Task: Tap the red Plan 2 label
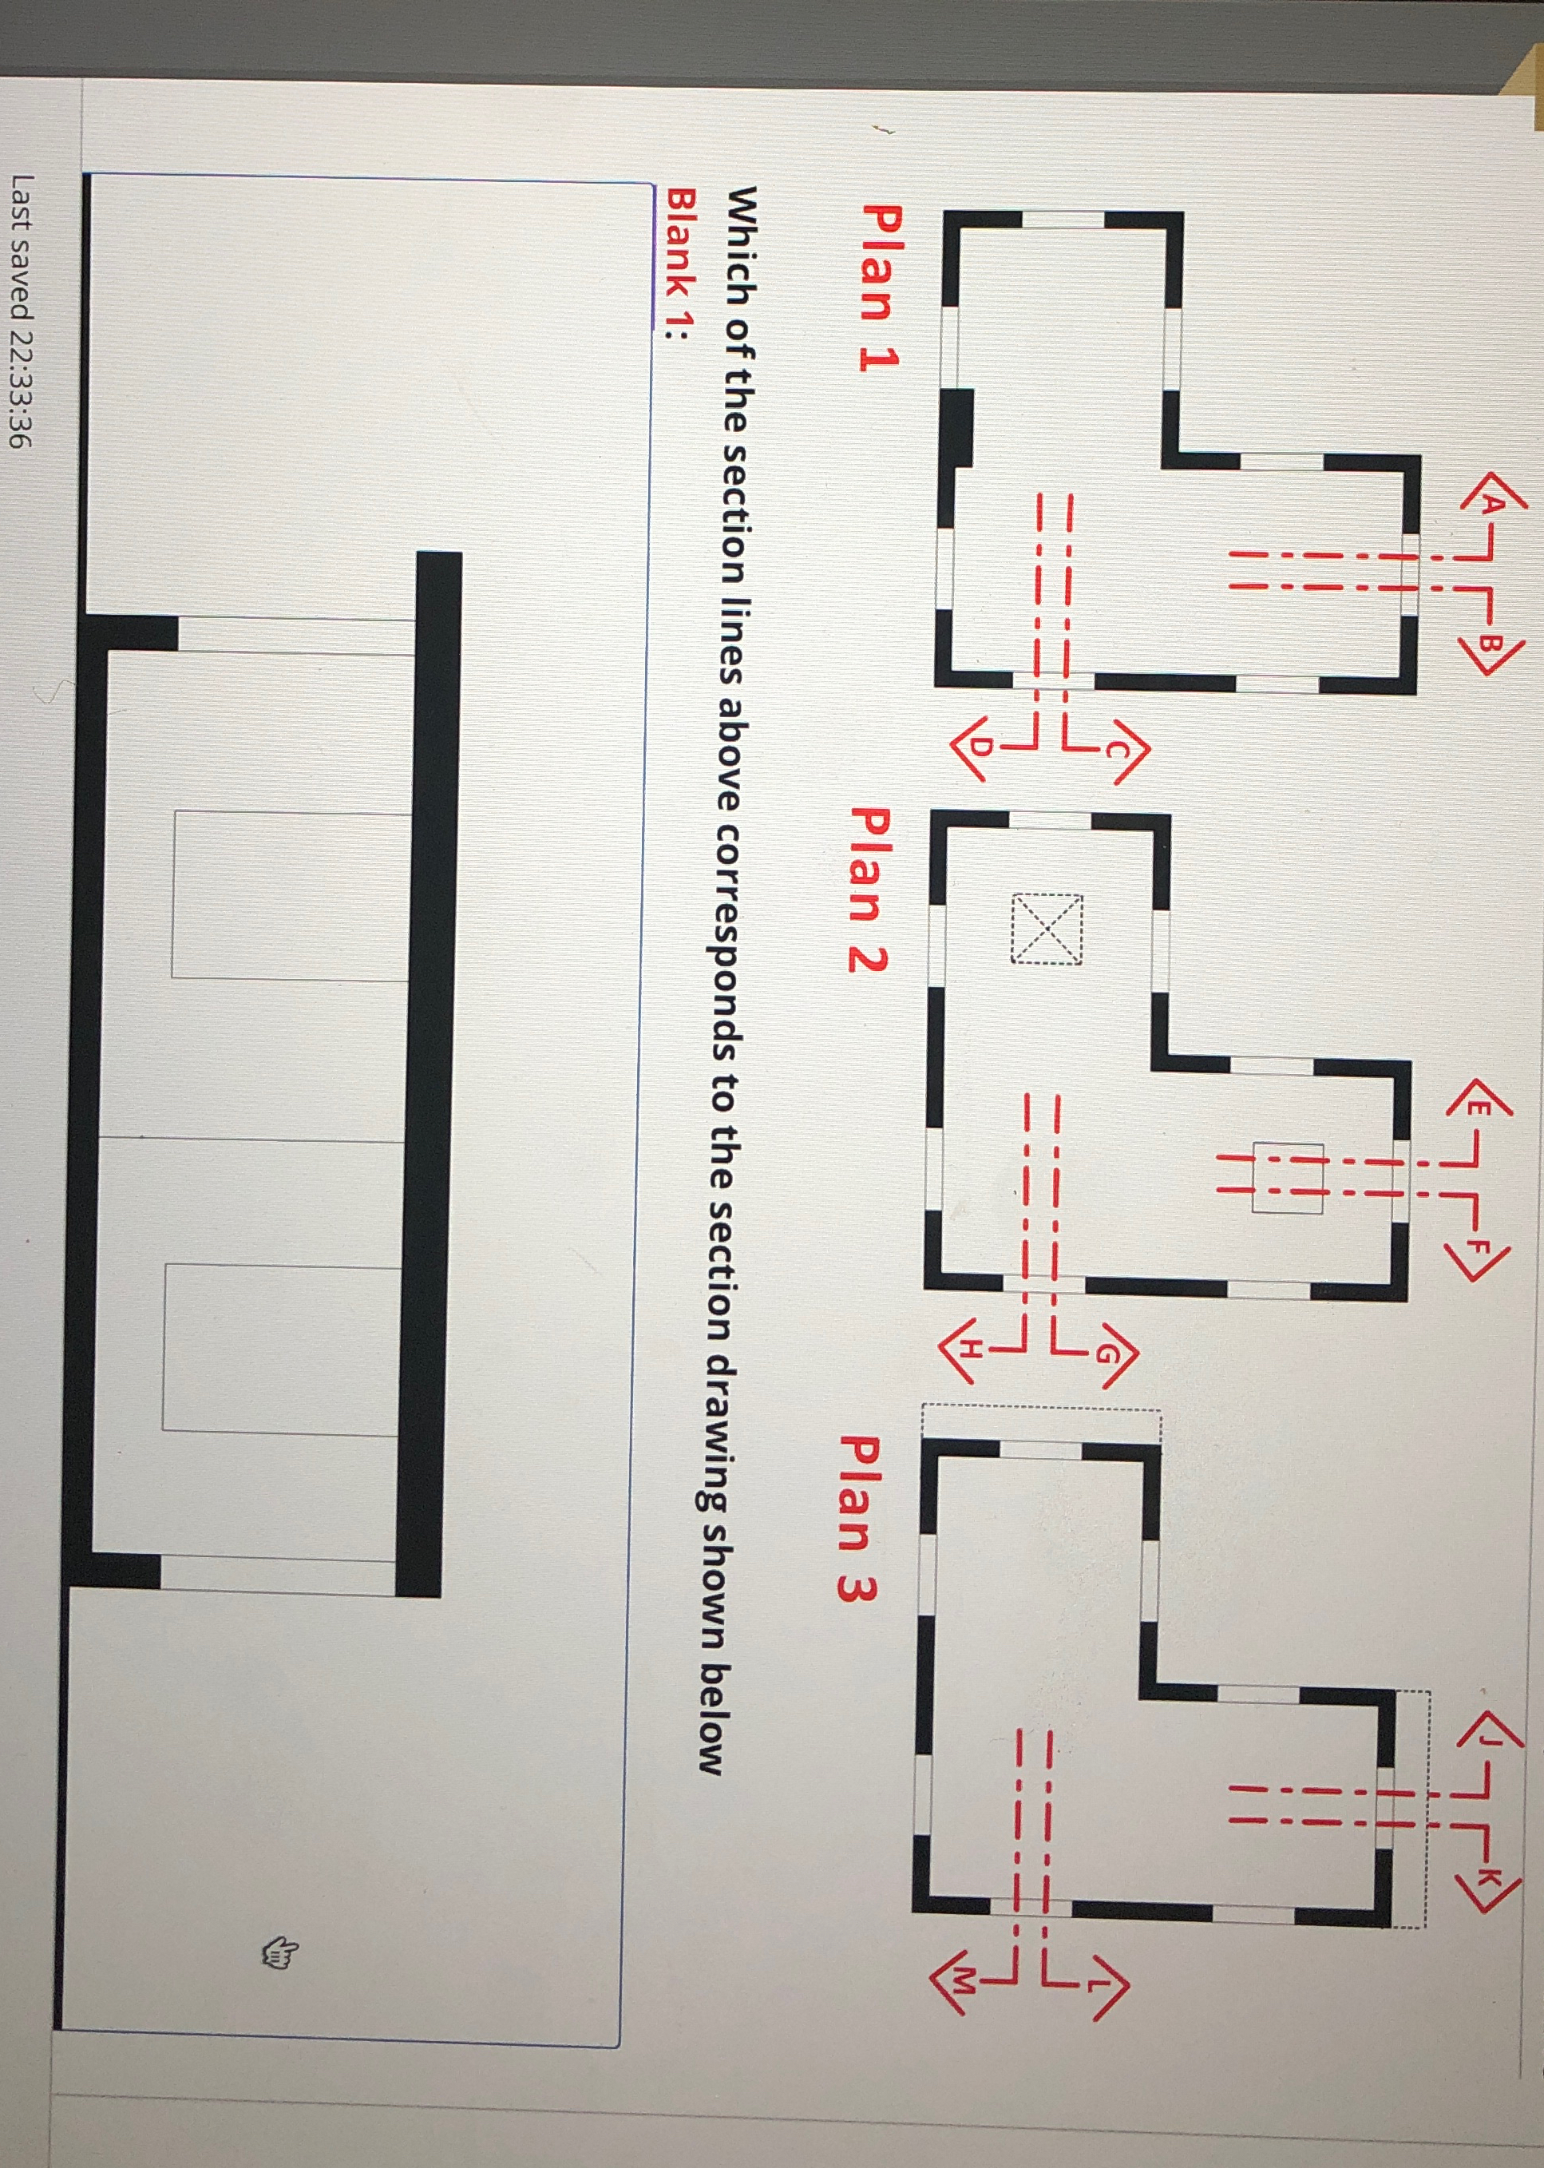tap(868, 888)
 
